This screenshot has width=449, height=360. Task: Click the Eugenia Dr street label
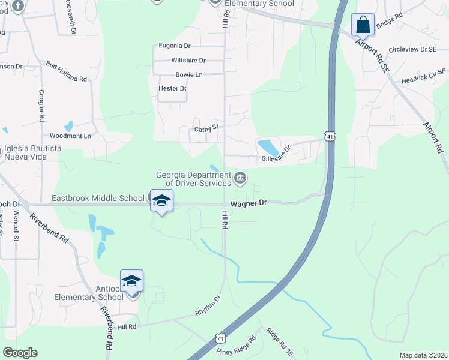(x=175, y=46)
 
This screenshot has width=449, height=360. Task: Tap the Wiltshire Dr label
(x=188, y=61)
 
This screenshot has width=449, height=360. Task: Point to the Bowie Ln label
(x=189, y=75)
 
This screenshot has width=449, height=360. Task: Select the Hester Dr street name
(x=172, y=89)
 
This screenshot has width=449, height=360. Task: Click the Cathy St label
(x=206, y=128)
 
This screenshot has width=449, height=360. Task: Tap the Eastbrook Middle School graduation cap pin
(x=161, y=200)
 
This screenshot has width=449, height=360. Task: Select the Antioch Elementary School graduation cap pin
(x=132, y=280)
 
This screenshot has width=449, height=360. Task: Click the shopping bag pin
(x=363, y=25)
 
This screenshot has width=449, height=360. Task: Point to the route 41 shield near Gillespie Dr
(x=331, y=137)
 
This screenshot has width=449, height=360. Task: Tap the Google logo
(x=20, y=353)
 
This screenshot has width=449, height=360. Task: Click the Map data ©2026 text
(x=423, y=355)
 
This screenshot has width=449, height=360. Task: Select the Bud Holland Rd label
(x=66, y=71)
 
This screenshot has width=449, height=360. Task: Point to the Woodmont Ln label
(x=70, y=136)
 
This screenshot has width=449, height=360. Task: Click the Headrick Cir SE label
(x=418, y=76)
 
